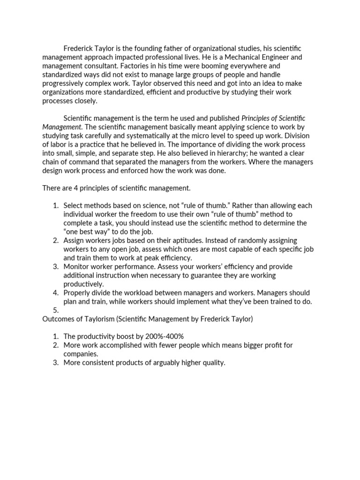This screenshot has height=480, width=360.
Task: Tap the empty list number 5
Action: [x=56, y=310]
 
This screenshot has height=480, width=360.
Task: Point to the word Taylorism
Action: [x=100, y=319]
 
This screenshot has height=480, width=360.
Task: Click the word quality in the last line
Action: [x=213, y=362]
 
